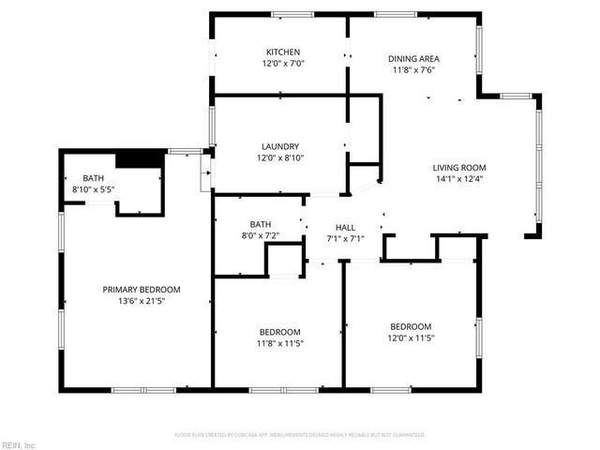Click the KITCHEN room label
click(282, 52)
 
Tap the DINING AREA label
click(413, 58)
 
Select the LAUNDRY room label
click(280, 146)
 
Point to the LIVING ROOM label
click(459, 168)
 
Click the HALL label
click(345, 227)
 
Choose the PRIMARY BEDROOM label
click(141, 290)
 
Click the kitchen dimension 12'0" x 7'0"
click(282, 64)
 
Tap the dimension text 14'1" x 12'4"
click(459, 179)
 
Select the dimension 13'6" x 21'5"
click(141, 302)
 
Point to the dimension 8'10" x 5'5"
click(94, 189)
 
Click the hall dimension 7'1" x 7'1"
click(345, 238)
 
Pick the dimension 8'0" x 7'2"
click(260, 235)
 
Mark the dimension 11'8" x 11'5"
click(279, 343)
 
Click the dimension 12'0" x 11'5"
click(411, 337)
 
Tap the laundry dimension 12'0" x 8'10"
click(280, 157)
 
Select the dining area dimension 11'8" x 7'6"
click(413, 69)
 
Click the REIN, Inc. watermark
click(18, 444)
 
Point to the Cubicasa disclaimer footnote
click(300, 435)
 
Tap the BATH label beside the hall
click(260, 224)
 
